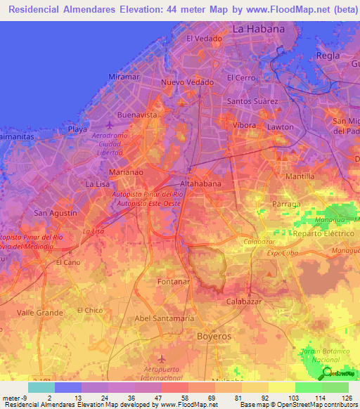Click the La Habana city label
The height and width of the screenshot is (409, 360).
point(258,30)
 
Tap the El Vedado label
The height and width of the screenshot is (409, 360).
point(204,39)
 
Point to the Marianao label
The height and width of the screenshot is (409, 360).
point(127,171)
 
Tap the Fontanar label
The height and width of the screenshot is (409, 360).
point(174,281)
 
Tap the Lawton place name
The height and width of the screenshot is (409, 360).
point(281,127)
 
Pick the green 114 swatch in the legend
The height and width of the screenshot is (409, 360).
point(309,387)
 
